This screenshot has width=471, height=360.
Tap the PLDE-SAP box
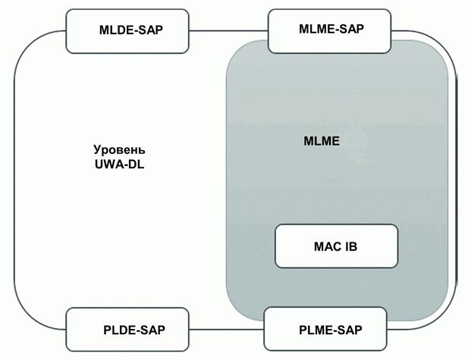[127, 330]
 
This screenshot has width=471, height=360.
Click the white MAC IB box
[335, 246]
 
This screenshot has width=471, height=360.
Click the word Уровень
[118, 149]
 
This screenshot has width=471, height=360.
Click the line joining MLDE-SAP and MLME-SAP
[229, 30]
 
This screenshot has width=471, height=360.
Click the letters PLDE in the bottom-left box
[118, 330]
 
